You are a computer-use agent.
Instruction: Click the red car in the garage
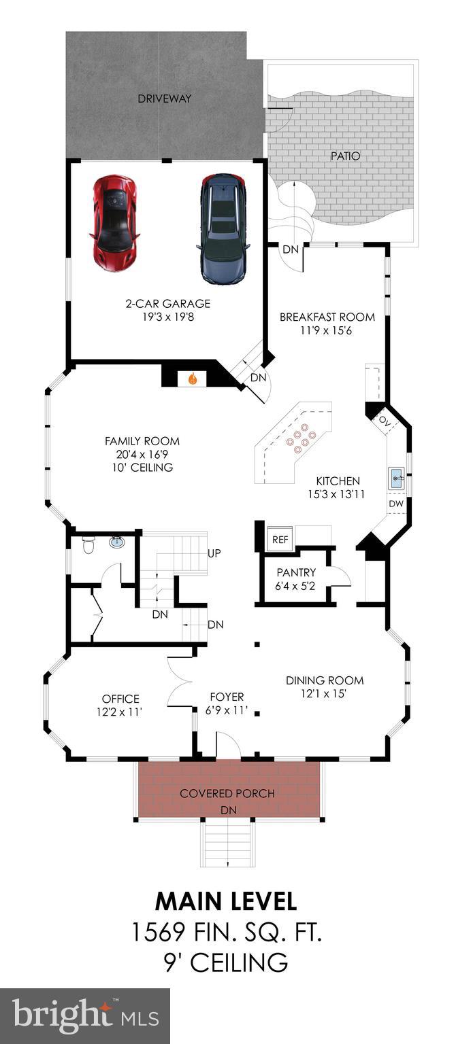(x=114, y=222)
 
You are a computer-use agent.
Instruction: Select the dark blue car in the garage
(x=222, y=228)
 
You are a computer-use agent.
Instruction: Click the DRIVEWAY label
(x=164, y=99)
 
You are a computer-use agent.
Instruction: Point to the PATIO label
(x=345, y=156)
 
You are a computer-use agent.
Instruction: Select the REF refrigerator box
(x=280, y=538)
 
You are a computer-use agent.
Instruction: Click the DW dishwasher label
(x=396, y=504)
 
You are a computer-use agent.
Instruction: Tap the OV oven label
(x=385, y=420)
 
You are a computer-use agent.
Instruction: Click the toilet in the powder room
(x=87, y=544)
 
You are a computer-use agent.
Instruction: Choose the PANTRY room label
(x=296, y=573)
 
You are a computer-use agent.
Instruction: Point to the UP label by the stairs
(x=214, y=553)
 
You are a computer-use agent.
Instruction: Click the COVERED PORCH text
(x=227, y=793)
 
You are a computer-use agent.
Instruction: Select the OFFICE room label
(x=120, y=699)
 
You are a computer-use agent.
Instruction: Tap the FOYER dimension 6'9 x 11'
(x=227, y=711)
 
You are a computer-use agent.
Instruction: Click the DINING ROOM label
(x=324, y=680)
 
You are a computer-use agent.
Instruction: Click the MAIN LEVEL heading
(x=226, y=901)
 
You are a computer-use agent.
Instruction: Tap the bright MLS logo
(x=85, y=1016)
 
